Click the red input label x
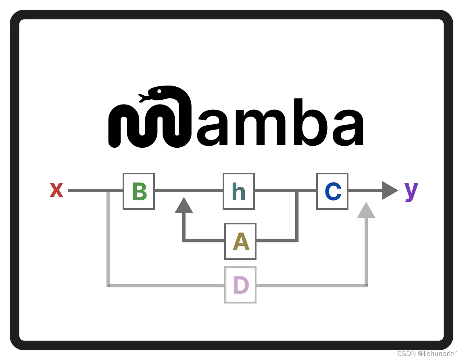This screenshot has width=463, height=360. (x=56, y=190)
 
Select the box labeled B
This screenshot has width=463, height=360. (x=139, y=191)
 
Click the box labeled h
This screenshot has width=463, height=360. (x=239, y=191)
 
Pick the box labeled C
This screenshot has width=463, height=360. (x=332, y=191)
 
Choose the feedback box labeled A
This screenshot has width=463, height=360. (x=240, y=241)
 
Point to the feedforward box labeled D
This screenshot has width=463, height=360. (x=240, y=285)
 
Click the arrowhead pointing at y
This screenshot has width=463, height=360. (x=390, y=190)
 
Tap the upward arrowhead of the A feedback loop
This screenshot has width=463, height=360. (x=184, y=205)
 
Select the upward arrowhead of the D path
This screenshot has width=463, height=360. (x=366, y=210)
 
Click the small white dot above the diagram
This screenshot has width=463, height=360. (x=159, y=91)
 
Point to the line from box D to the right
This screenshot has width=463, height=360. (x=311, y=286)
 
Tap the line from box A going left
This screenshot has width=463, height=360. (x=204, y=241)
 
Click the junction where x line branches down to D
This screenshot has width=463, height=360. (x=108, y=190)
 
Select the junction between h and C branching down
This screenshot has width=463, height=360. (x=297, y=190)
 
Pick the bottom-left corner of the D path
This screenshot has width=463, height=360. (x=108, y=286)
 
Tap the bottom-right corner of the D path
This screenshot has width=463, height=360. (x=366, y=286)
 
